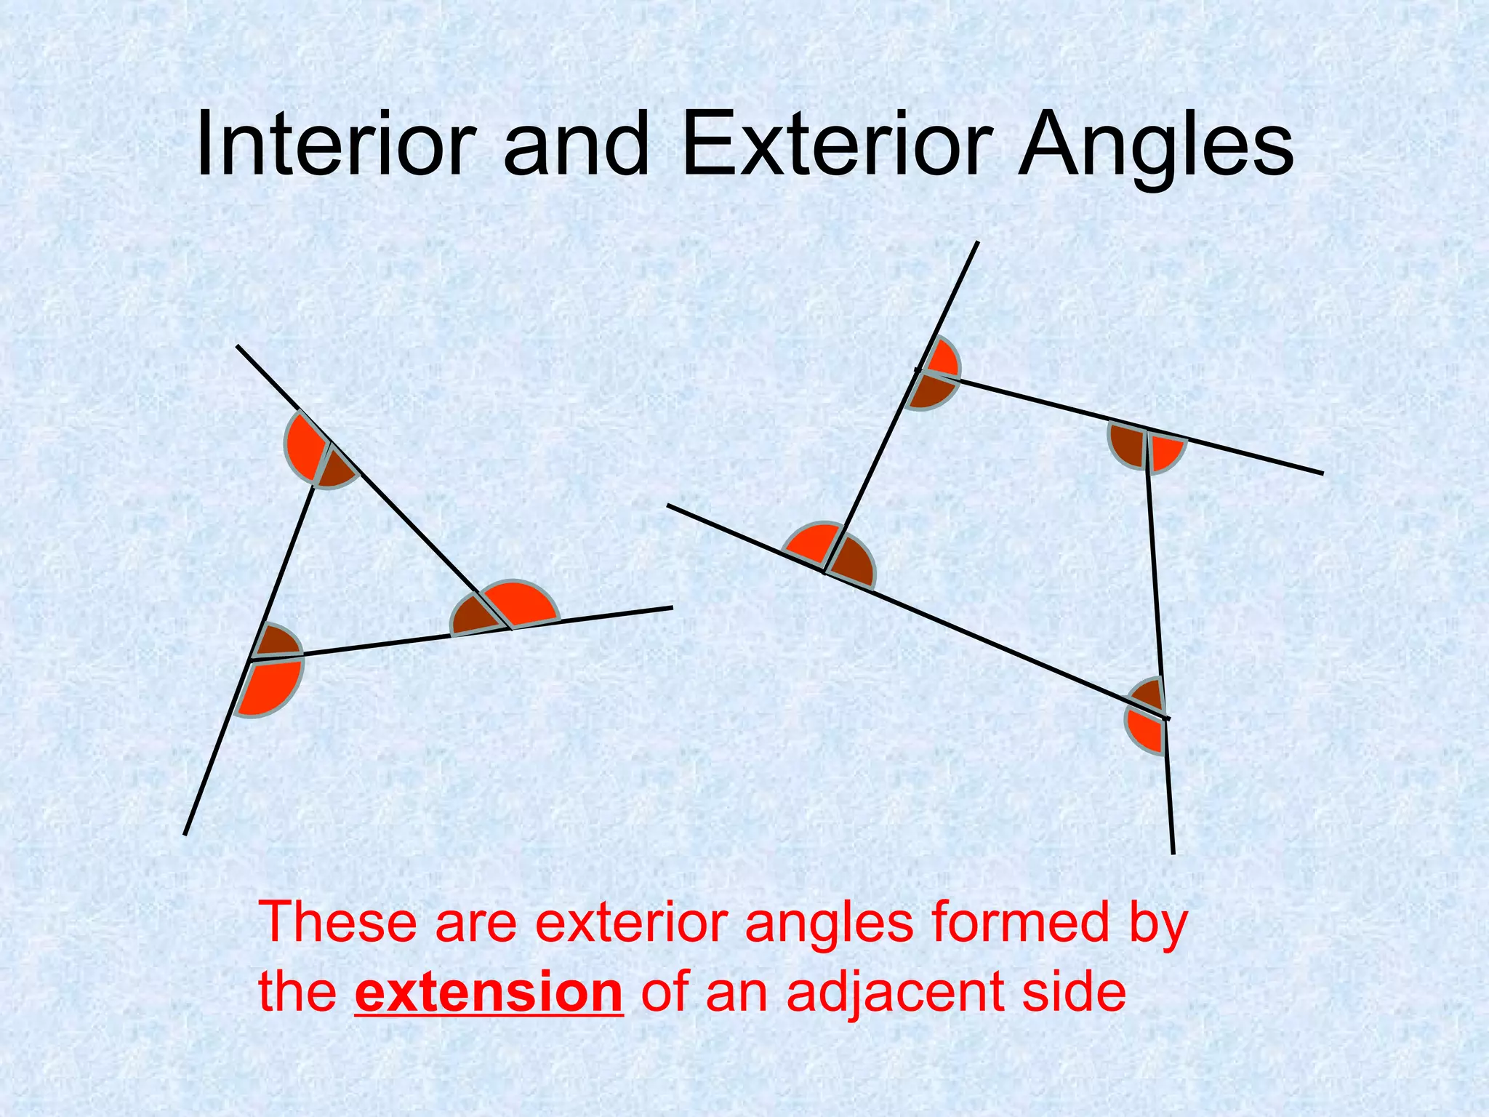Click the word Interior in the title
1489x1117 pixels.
[x=335, y=144]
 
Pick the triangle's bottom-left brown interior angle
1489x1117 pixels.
[x=277, y=642]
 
